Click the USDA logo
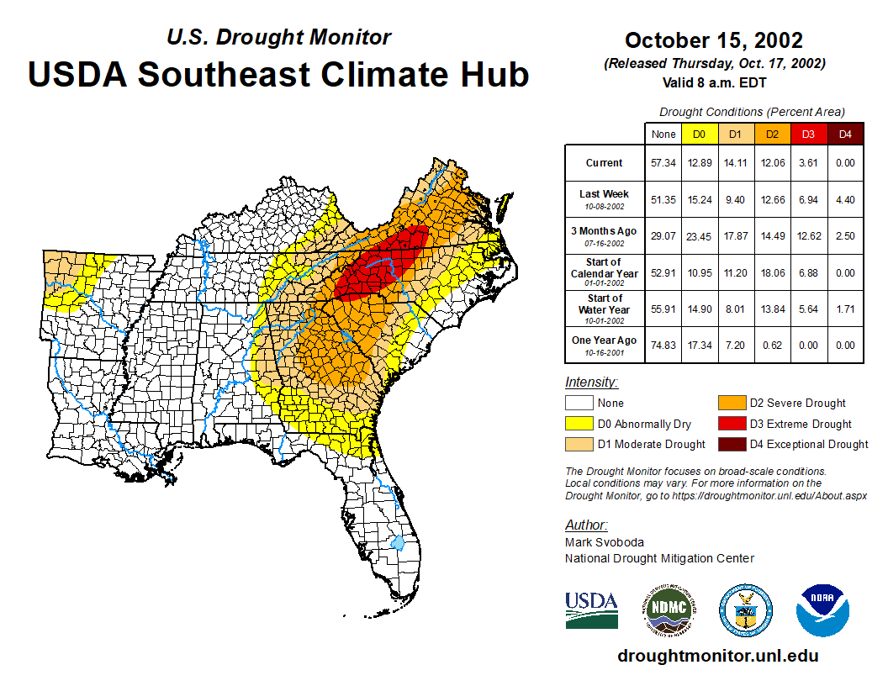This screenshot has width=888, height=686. (591, 609)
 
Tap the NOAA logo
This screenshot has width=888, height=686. (823, 609)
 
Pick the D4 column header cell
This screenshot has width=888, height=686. (845, 135)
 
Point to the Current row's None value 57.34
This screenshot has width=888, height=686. (663, 163)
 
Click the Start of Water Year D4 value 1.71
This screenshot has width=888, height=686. (845, 309)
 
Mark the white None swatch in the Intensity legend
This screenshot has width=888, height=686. (579, 404)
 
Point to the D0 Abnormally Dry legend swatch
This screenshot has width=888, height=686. (579, 424)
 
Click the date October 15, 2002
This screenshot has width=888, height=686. (714, 40)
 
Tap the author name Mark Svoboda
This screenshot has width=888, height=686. (605, 542)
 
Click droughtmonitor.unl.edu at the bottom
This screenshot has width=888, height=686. (717, 656)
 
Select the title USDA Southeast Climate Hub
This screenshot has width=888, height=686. (278, 74)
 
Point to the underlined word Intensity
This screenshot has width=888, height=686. (591, 383)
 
